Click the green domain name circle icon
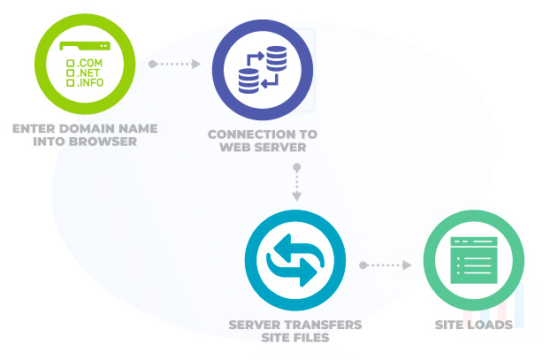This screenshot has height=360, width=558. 85,64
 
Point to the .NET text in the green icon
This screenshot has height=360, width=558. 88,73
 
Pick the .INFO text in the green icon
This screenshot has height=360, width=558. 91,82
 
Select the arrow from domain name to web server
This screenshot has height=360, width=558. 175,64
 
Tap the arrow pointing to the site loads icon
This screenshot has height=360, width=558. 386,264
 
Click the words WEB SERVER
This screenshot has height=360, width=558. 262,147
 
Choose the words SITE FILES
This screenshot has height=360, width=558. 295,337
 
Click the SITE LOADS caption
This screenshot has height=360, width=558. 473,325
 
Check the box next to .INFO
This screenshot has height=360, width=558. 71,82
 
